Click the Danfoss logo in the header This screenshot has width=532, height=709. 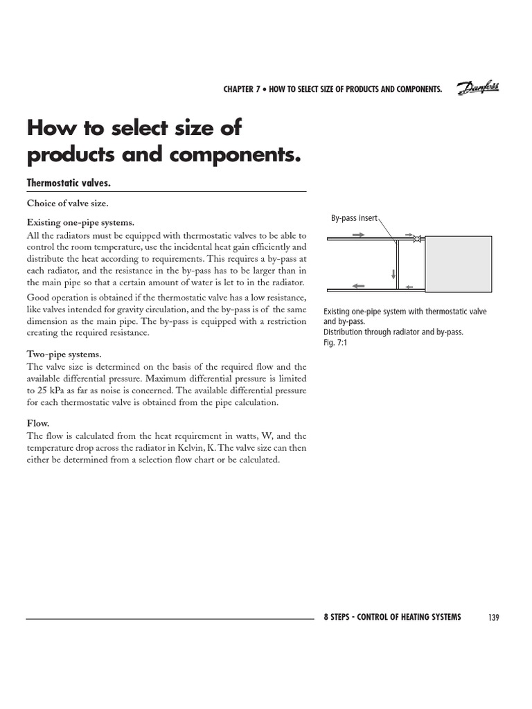pos(477,88)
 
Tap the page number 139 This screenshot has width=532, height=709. pos(493,618)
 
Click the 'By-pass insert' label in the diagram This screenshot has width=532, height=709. pos(354,218)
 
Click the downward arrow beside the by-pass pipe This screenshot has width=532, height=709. pos(393,273)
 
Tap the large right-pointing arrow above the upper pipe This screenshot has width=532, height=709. pos(358,235)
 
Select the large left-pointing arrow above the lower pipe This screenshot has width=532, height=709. pos(358,285)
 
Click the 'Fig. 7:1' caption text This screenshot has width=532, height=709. pos(335,342)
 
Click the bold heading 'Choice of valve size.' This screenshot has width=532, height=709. pos(67,204)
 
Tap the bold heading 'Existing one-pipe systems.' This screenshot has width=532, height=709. pos(80,222)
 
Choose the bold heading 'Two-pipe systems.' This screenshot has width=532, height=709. pos(64,354)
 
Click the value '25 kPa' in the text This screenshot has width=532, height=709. pos(52,391)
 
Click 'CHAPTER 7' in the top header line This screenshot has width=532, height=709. pos(241,89)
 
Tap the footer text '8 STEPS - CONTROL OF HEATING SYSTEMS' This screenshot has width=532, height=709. pos(392,617)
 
